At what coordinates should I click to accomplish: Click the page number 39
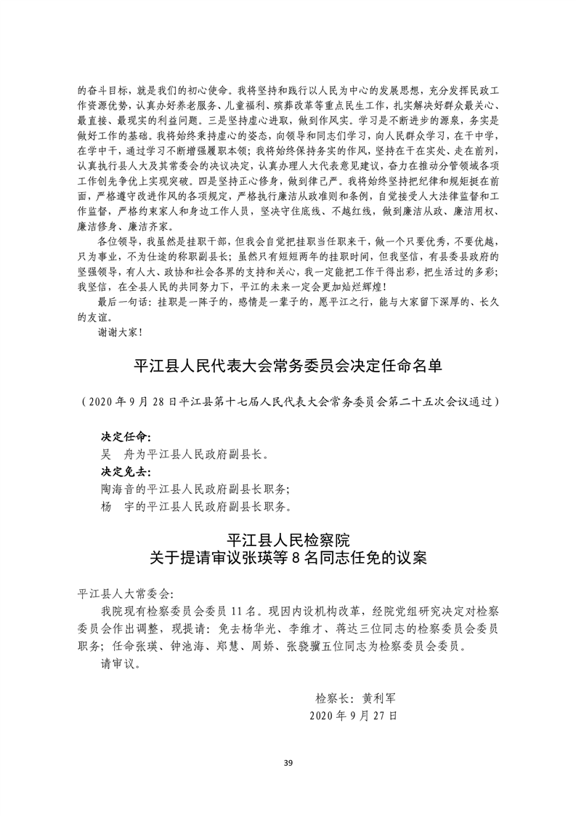pyautogui.click(x=288, y=761)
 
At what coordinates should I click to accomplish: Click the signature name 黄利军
pyautogui.click(x=378, y=697)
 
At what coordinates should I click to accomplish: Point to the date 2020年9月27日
pyautogui.click(x=353, y=716)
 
